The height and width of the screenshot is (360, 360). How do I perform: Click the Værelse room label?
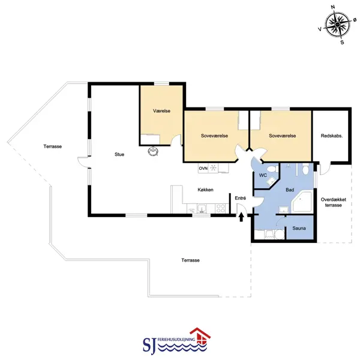click(161, 111)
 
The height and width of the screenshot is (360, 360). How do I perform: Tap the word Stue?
click(119, 154)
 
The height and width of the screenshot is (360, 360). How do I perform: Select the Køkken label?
click(205, 190)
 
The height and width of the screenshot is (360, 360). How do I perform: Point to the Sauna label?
click(299, 228)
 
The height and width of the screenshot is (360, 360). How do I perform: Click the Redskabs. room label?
click(332, 136)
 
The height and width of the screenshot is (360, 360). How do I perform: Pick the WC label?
click(263, 175)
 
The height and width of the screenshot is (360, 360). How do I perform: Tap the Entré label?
click(241, 198)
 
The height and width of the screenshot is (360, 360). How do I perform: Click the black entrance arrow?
click(241, 217)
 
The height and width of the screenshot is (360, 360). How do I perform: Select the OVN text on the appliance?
click(203, 168)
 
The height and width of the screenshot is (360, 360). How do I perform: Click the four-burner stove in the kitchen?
click(221, 208)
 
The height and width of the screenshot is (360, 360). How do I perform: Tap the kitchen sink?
click(202, 208)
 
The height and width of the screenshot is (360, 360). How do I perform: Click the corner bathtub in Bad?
click(302, 202)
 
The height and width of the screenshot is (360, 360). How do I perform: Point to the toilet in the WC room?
click(272, 169)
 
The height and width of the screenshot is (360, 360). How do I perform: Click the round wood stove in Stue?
click(153, 151)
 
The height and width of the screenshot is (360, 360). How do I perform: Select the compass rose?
click(337, 25)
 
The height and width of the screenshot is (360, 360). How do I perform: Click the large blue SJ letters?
click(149, 345)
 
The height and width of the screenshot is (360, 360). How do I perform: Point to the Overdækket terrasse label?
click(334, 202)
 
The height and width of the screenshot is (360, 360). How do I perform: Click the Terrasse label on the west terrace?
click(53, 146)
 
